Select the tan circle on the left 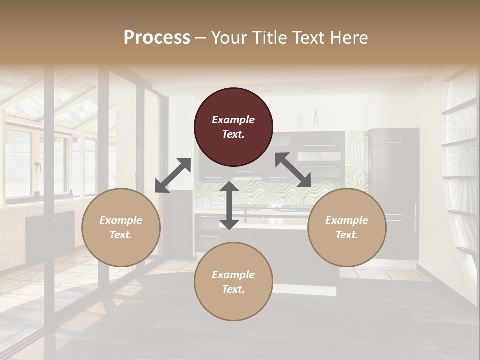pos(121,227)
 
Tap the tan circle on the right pos(347,227)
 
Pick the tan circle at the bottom pos(233,281)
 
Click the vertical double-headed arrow pos(229,205)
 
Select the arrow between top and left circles pos(173,175)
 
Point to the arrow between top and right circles pos(293,170)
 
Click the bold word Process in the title pos(157,38)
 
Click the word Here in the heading pos(348,38)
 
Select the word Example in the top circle pos(233,120)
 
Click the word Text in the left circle pos(120,235)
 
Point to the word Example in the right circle pos(347,220)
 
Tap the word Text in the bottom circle pos(233,289)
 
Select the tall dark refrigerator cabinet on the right pos(394,190)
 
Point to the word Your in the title pos(227,38)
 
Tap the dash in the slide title pos(201,38)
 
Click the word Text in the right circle pos(346,235)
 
